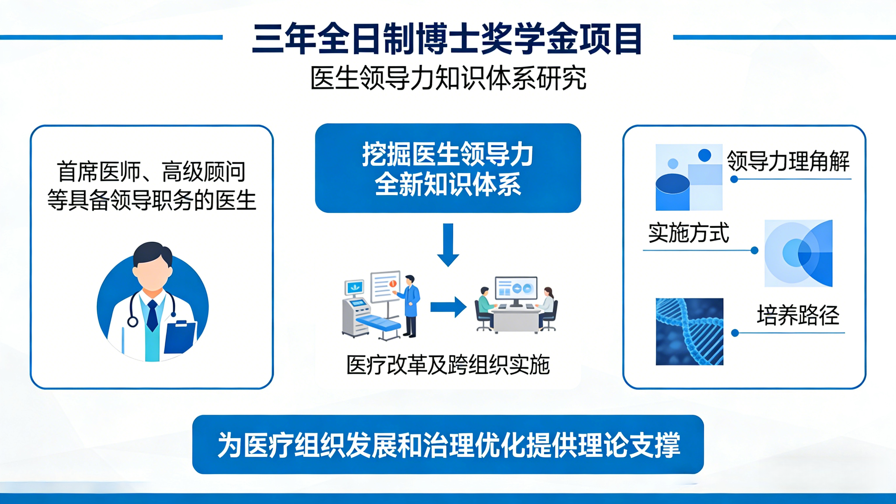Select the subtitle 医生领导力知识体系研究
tap(448, 78)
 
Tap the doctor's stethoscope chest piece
tap(133, 321)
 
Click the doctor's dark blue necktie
tap(152, 315)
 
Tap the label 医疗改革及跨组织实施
tap(448, 365)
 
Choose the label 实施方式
tap(688, 233)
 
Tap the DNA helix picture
tap(689, 331)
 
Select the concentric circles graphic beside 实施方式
tap(798, 253)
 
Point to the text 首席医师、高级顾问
tap(152, 172)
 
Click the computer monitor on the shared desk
tap(516, 290)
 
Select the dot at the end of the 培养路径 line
tap(735, 333)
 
